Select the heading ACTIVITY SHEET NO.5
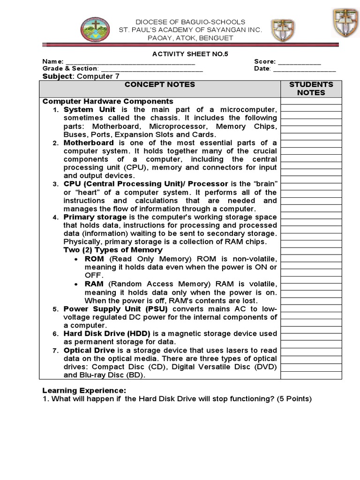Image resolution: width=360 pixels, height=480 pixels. tap(190, 54)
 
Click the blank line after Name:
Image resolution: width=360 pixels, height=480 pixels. tap(130, 62)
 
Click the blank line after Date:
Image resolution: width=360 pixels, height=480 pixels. tap(304, 69)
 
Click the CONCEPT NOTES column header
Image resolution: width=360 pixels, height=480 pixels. tap(159, 85)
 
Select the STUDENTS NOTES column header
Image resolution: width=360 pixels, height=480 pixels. tap(311, 89)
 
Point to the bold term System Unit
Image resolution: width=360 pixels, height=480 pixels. tap(89, 110)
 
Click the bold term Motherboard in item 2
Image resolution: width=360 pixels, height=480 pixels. tap(89, 142)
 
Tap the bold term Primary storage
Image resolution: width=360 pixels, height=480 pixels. tap(95, 217)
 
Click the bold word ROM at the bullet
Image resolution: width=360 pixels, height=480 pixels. tap(94, 259)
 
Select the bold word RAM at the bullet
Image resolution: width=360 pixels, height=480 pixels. tap(94, 284)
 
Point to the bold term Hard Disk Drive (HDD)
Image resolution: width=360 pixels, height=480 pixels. tap(107, 334)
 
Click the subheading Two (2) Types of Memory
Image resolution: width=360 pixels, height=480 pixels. tap(113, 250)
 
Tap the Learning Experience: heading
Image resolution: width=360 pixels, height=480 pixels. tap(84, 390)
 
